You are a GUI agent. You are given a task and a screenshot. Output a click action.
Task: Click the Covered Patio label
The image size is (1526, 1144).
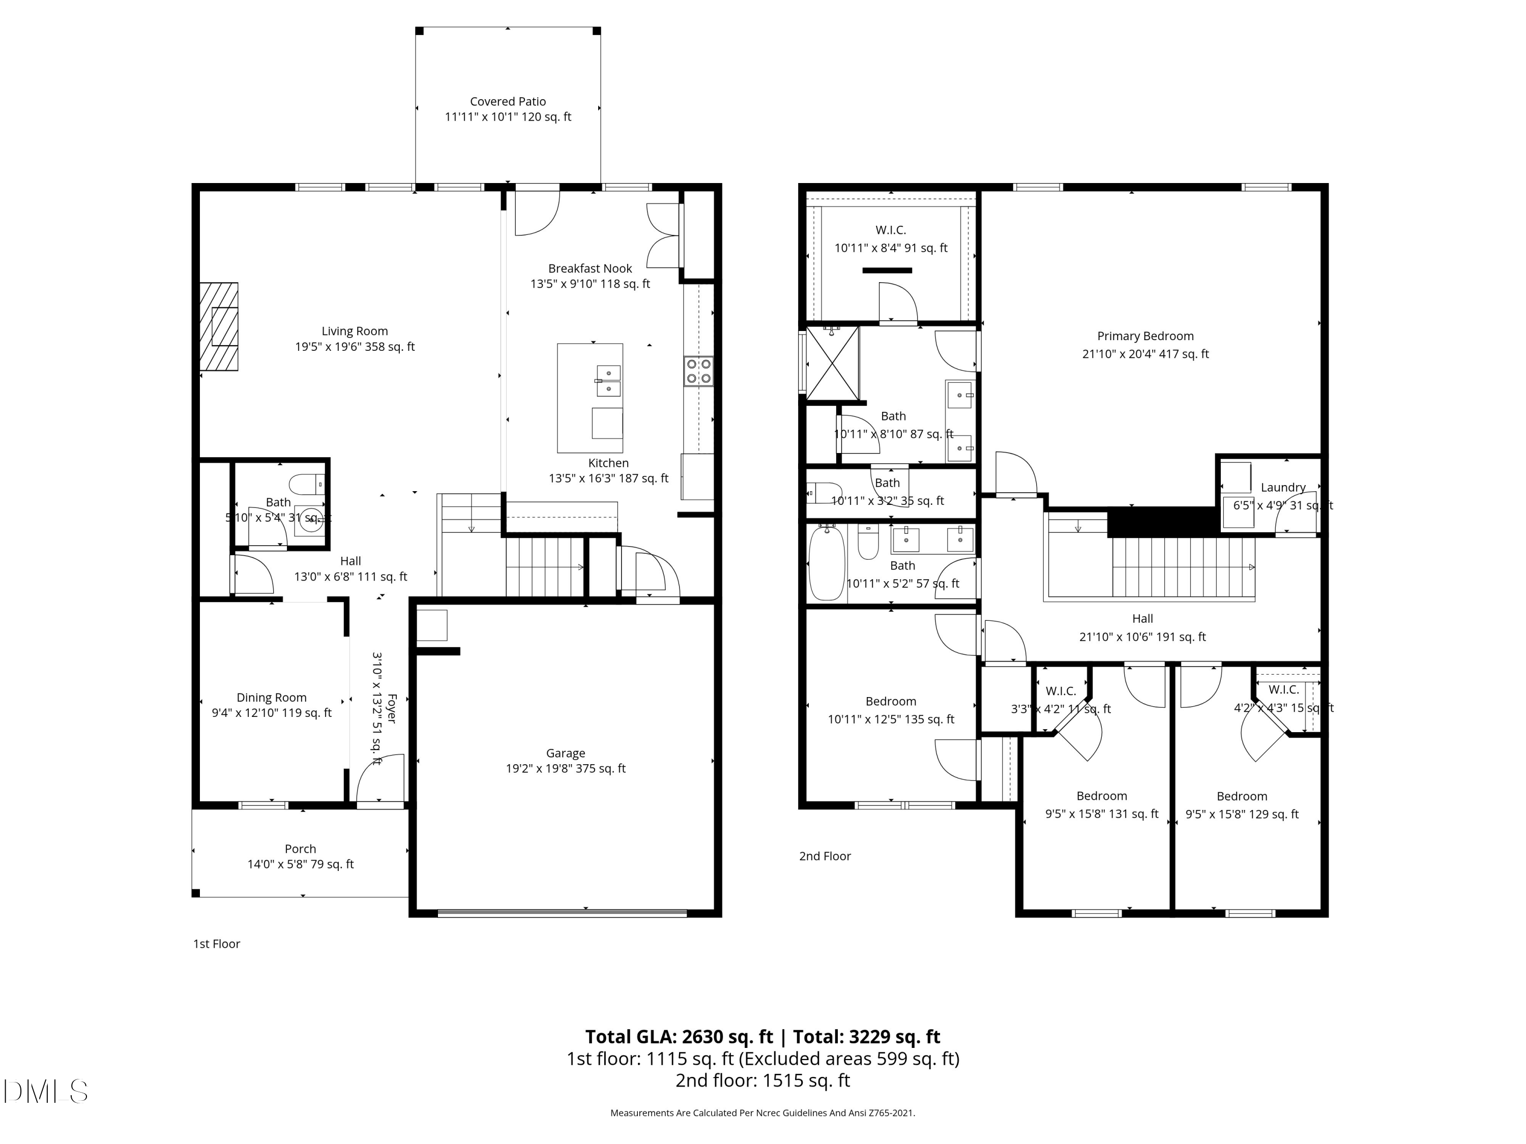[x=508, y=101]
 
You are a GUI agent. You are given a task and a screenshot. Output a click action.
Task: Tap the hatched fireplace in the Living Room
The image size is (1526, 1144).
[x=219, y=326]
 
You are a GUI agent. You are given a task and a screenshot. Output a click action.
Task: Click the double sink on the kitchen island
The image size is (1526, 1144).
[x=608, y=381]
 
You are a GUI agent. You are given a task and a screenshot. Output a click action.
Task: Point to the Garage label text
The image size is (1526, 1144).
[x=565, y=753]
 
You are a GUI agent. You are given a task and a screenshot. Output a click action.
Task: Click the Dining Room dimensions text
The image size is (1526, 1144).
[x=271, y=713]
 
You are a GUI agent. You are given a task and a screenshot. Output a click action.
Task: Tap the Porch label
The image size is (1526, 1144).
[x=300, y=849]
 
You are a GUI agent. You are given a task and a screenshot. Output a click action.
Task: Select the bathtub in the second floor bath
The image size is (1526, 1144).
[x=823, y=563]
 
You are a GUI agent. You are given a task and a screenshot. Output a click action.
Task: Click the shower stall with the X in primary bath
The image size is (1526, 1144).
[x=833, y=364]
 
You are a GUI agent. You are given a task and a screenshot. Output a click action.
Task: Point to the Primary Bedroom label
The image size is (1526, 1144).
[x=1145, y=336]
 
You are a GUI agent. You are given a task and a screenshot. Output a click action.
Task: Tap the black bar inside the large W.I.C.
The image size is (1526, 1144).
[x=887, y=270]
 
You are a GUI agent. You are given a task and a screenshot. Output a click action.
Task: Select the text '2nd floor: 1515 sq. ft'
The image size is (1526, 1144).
[x=762, y=1080]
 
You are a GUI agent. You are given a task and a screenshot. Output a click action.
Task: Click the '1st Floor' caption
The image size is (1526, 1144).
[x=217, y=943]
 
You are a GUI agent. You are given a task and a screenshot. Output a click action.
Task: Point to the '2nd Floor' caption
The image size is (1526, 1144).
[x=825, y=856]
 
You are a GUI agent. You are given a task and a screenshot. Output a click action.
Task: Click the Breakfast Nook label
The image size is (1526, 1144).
[x=590, y=268]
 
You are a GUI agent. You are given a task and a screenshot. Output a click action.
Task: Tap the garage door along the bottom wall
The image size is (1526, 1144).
[x=562, y=914]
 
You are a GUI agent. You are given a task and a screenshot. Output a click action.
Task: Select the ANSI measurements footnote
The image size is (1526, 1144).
[x=762, y=1112]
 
